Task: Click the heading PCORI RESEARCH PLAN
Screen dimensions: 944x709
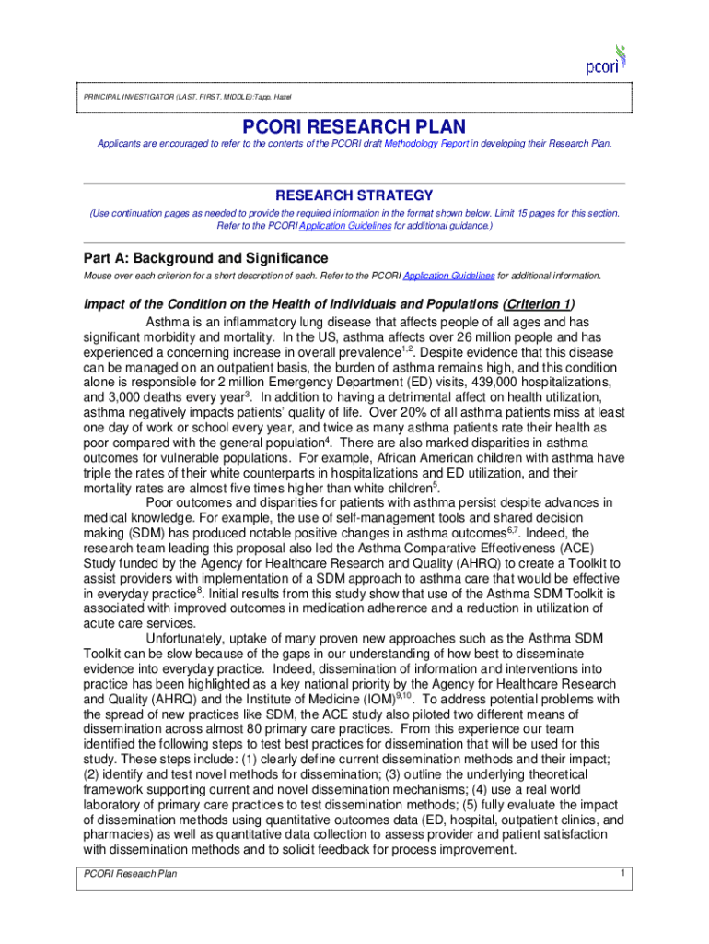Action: pyautogui.click(x=354, y=126)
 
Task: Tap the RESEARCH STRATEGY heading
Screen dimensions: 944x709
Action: pyautogui.click(x=354, y=195)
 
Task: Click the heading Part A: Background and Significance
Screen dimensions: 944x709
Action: pyautogui.click(x=205, y=258)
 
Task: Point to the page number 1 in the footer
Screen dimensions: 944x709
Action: pyautogui.click(x=622, y=872)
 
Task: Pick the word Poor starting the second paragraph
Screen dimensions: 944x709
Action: pyautogui.click(x=161, y=502)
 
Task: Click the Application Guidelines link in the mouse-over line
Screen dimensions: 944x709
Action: pyautogui.click(x=449, y=276)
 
